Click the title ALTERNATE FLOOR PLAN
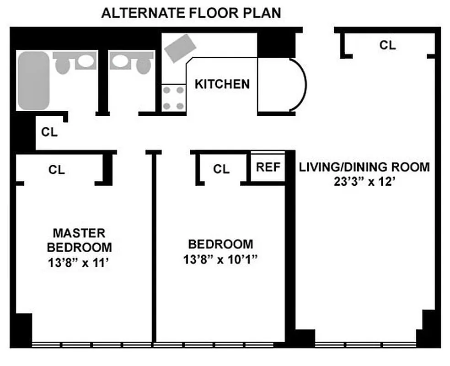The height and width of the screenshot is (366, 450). (191, 13)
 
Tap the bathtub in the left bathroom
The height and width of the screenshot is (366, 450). (33, 81)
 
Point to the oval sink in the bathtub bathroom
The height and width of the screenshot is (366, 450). (83, 60)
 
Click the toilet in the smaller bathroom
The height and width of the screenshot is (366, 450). (143, 65)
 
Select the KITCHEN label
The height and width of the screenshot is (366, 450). (222, 84)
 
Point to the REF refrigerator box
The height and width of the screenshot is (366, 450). (268, 167)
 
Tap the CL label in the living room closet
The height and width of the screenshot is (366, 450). (387, 45)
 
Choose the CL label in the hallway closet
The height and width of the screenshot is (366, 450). (49, 133)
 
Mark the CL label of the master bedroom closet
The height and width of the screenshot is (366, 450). (57, 170)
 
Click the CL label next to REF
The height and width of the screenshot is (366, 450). (221, 169)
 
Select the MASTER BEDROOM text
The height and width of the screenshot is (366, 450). (79, 240)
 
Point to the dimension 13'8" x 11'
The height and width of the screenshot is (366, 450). (79, 263)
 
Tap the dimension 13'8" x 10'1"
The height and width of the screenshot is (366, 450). (221, 260)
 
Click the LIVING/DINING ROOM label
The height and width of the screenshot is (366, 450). (364, 167)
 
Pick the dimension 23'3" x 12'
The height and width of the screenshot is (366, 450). (364, 182)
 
